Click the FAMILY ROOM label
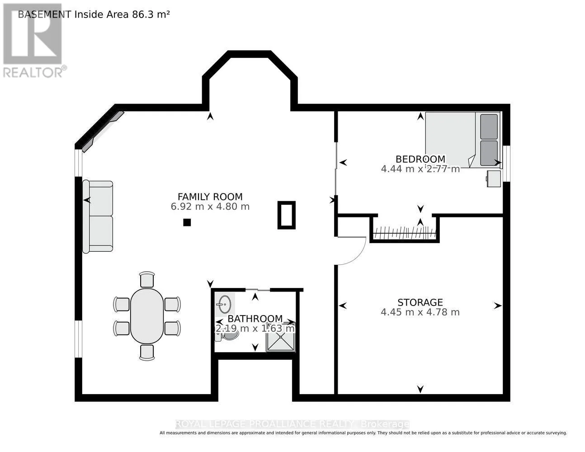tap(210, 197)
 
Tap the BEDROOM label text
tap(420, 159)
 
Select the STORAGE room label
tap(420, 302)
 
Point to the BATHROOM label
tap(255, 319)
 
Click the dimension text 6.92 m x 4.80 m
tap(210, 207)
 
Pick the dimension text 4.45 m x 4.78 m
tap(420, 312)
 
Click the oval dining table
tap(147, 316)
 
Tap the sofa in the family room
tap(98, 217)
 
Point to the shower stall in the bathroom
tap(281, 337)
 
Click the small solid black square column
tap(187, 222)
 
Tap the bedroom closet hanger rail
tap(404, 233)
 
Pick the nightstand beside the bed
tap(494, 179)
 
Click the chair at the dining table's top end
tap(147, 279)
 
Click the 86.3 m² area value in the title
tap(151, 14)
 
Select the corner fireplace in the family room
tap(103, 132)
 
